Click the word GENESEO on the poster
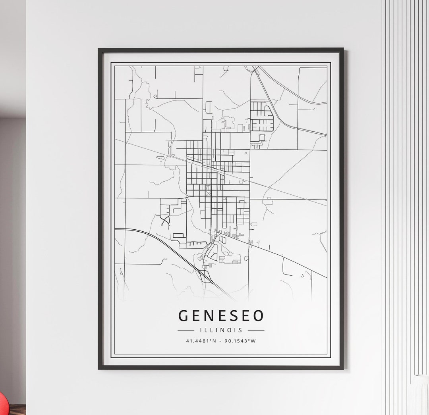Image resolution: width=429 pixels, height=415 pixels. tap(221, 316)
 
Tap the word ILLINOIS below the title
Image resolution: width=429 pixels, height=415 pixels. tap(221, 330)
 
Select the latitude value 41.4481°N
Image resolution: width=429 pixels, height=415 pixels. tap(201, 341)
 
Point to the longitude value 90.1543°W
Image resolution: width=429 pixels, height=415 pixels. tap(240, 341)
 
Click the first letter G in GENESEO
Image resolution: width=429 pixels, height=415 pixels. tap(183, 316)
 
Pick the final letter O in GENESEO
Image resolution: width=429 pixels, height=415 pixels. tap(259, 316)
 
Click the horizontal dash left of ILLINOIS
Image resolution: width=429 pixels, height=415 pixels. tap(186, 330)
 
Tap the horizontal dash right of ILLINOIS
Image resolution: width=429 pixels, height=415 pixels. tap(256, 330)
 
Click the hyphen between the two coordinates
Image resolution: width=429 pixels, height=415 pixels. tap(221, 341)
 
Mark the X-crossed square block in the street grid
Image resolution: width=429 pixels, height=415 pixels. tap(208, 193)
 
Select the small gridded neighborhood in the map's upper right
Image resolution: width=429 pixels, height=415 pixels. tap(262, 116)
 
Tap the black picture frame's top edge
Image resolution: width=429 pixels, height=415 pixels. tap(221, 50)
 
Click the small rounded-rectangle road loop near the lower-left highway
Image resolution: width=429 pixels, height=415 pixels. tap(178, 235)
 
